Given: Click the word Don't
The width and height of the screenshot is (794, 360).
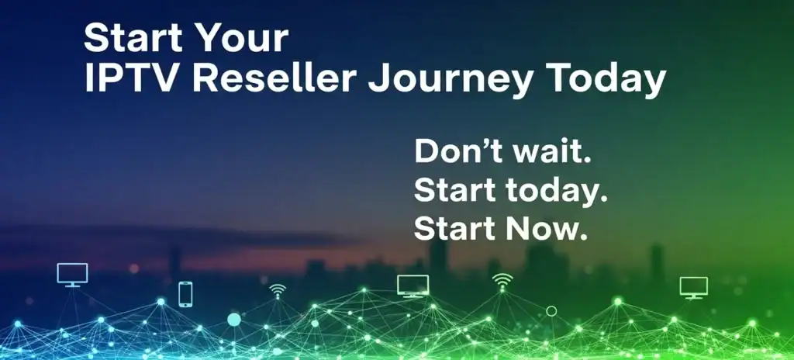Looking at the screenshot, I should tap(457, 152).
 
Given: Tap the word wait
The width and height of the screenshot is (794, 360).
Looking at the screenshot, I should tap(551, 152).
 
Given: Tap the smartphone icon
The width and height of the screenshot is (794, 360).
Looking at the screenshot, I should tap(185, 294).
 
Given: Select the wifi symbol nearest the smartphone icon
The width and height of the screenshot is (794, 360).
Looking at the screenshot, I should tap(277, 291).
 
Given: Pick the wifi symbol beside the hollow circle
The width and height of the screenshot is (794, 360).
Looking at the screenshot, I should tap(502, 282).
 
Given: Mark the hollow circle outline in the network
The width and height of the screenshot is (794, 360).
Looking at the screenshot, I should tap(551, 311).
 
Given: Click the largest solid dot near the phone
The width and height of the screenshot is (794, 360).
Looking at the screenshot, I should tap(233, 319).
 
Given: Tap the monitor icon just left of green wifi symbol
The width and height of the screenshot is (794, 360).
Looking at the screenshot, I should tap(413, 286).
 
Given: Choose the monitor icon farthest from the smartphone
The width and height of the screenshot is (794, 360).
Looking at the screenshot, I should tap(693, 287).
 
